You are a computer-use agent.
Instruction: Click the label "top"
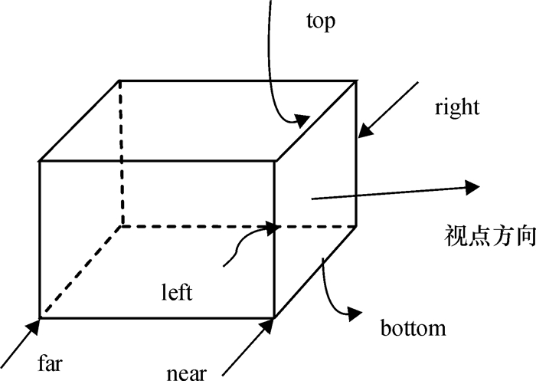point(321,22)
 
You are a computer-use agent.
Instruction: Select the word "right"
point(456,107)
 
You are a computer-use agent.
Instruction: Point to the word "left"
point(177,292)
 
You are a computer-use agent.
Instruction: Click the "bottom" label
point(413,329)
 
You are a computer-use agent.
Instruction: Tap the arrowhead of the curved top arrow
point(302,119)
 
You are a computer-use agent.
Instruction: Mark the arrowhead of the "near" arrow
point(267,326)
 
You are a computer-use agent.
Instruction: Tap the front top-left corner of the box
point(40,161)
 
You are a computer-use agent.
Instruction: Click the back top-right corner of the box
point(357,80)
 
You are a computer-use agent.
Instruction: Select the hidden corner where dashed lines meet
point(121,226)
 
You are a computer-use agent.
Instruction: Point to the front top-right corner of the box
point(276,161)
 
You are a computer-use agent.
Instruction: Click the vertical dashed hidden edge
point(121,153)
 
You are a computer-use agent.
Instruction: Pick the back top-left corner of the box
point(120,80)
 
